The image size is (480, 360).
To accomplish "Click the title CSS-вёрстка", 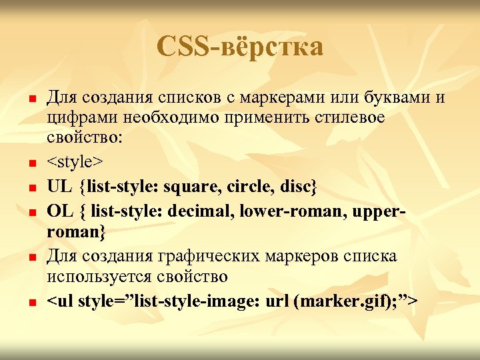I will coord(240,47).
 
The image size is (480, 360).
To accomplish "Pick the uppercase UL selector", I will coord(60,187).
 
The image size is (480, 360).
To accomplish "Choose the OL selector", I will coord(60,212).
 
